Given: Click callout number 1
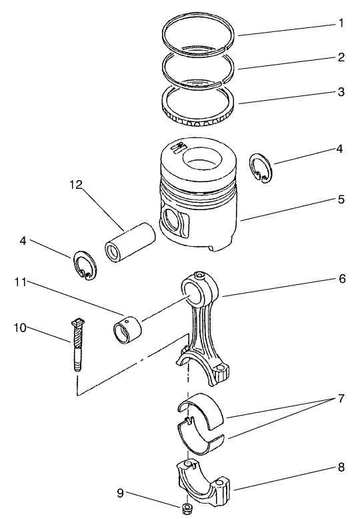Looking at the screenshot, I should (341, 24).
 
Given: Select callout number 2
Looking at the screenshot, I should (341, 57).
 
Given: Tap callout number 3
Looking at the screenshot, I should (341, 92).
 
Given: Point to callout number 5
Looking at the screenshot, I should (341, 198).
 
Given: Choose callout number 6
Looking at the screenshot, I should (341, 279).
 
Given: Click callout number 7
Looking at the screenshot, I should (341, 399).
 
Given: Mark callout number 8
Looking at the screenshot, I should (341, 468).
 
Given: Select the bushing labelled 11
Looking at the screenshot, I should (127, 330).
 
